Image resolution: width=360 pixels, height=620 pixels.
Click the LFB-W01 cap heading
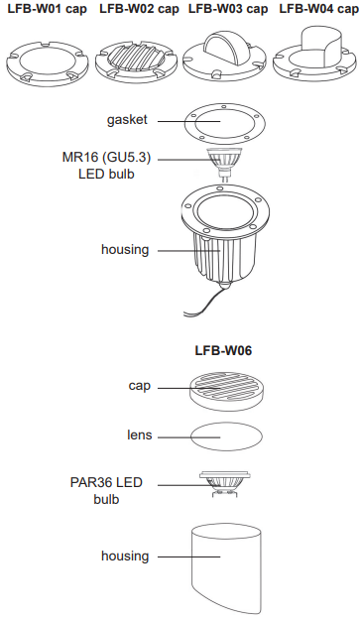coord(47,9)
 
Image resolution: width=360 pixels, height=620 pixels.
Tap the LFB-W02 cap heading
coord(139,9)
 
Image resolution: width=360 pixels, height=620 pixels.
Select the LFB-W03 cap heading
coord(228,9)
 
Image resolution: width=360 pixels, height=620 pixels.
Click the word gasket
coord(127,119)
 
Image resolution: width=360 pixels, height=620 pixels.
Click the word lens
coord(139,434)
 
